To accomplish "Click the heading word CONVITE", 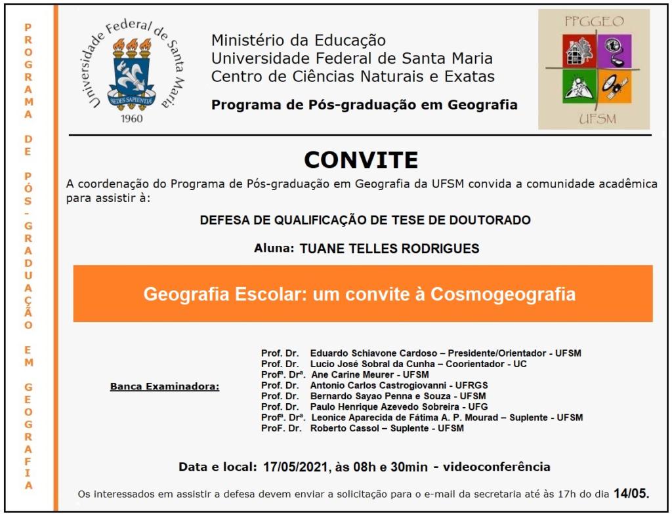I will [x=360, y=160].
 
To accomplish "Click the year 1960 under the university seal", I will [x=131, y=119].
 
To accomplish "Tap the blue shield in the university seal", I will [x=131, y=78].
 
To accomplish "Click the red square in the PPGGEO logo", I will [x=579, y=50].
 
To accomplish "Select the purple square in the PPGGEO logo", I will [x=615, y=50].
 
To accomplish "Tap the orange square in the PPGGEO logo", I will [x=615, y=88].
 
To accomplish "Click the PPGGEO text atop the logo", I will [x=594, y=22].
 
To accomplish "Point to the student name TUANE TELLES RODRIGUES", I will [x=389, y=248].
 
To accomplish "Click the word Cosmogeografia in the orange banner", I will [x=503, y=294].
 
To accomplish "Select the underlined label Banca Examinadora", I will [x=165, y=386].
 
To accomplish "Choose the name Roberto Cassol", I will [x=343, y=428].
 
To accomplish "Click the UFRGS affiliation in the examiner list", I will [x=472, y=385].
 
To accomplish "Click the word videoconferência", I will [x=496, y=467].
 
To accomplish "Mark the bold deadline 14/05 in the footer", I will [x=630, y=493].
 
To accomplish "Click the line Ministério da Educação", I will [x=299, y=41].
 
